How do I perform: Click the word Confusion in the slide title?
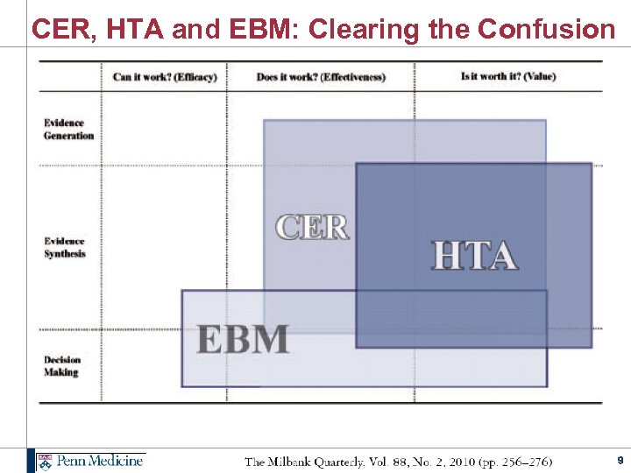[547, 29]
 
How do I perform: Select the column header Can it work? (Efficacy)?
[164, 77]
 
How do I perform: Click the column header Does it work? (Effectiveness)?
[320, 77]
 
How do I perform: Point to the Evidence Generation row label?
[68, 130]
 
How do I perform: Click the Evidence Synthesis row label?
[65, 247]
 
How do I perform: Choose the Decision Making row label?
[62, 365]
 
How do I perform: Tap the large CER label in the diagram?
[312, 227]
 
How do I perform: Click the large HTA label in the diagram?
[474, 255]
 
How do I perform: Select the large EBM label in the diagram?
[243, 339]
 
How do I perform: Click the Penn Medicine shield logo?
[44, 461]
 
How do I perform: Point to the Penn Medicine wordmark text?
[100, 461]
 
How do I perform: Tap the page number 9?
[620, 460]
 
